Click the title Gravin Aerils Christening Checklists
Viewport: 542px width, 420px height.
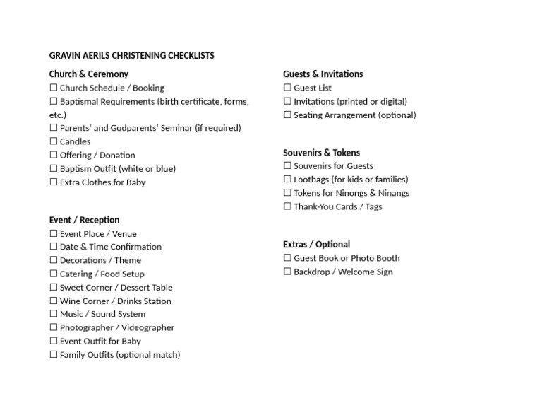pos(131,55)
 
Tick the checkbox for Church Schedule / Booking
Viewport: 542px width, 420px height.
pos(54,88)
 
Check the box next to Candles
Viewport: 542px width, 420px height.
pos(54,141)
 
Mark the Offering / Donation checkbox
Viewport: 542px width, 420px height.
pos(54,155)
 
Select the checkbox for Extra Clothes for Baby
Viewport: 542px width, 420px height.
pos(54,182)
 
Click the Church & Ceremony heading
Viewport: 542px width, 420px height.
pos(88,74)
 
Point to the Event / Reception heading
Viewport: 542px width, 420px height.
pos(84,220)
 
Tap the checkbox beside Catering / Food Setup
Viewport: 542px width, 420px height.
pos(54,274)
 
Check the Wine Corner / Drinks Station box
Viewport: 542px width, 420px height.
pos(54,301)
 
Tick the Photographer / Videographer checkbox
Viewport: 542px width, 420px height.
pos(54,327)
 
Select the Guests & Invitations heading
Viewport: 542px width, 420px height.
pos(323,74)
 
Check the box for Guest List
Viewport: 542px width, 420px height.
pos(287,88)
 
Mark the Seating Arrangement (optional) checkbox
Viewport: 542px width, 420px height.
pos(287,115)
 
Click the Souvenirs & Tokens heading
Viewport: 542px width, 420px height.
pos(321,153)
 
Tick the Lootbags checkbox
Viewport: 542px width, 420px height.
pos(287,180)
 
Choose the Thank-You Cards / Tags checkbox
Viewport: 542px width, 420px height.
pos(287,206)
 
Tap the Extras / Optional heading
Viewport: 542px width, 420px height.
pos(316,245)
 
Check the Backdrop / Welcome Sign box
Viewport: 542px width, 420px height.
pos(287,272)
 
